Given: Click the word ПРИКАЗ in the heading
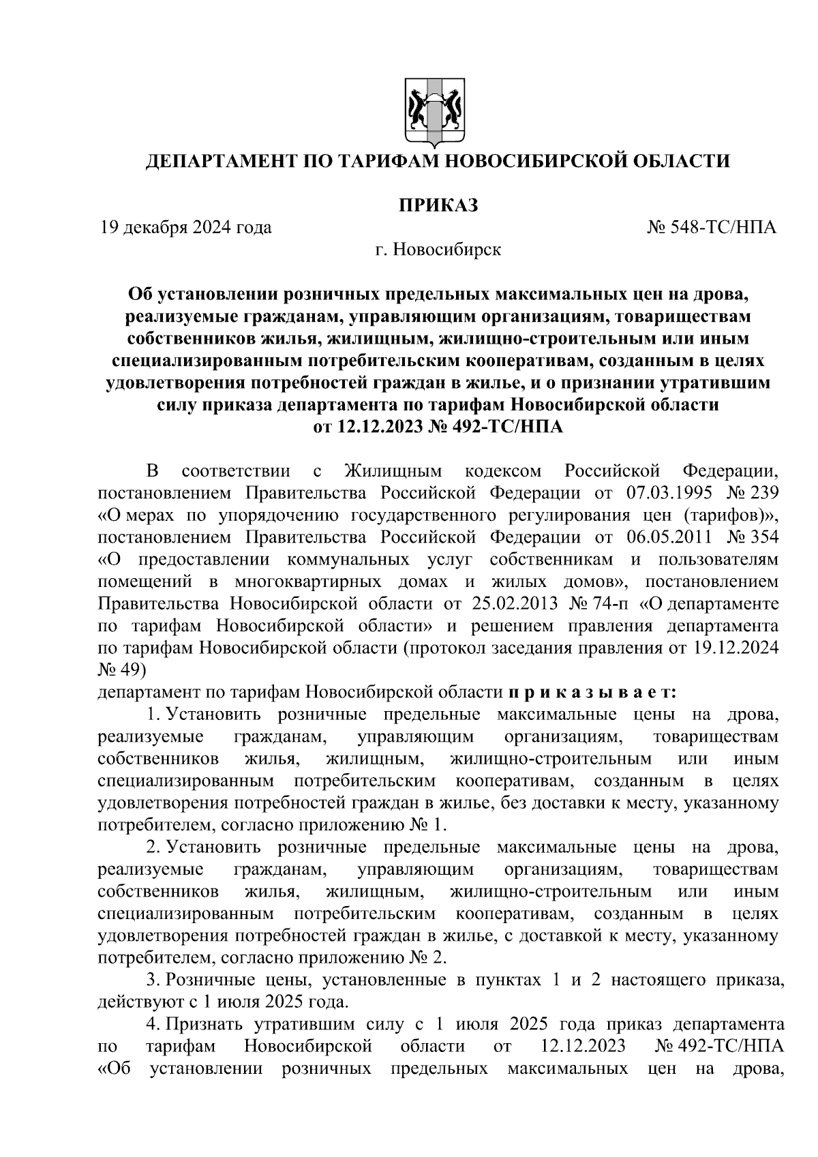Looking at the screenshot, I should tap(437, 204).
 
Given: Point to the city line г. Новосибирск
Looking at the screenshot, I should tap(437, 250).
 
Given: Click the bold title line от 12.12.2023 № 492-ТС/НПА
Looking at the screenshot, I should tap(437, 427).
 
